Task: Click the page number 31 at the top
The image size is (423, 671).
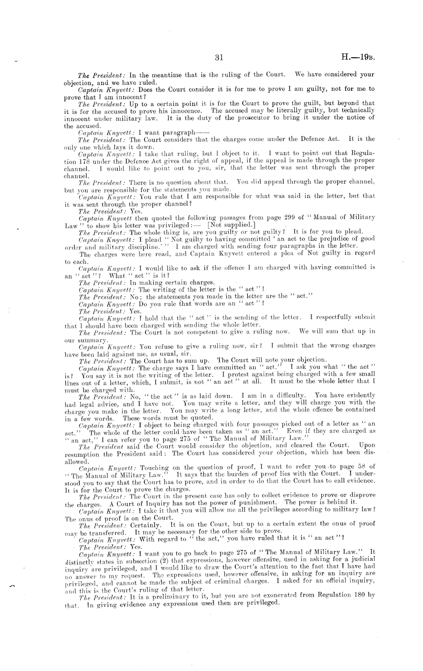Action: coord(219,58)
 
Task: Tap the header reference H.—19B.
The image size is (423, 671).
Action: coord(358,58)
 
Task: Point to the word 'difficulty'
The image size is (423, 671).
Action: coord(289,396)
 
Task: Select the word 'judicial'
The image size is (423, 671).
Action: coord(359,559)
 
